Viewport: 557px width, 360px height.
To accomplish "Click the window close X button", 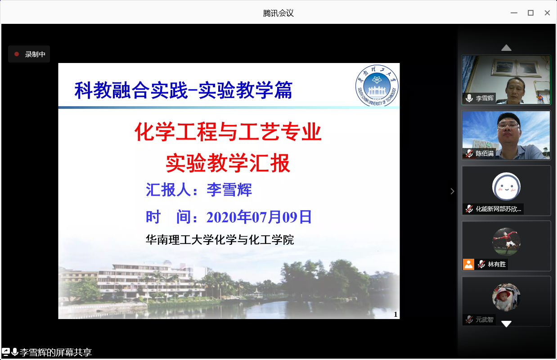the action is (x=547, y=13).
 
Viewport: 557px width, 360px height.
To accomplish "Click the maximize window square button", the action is (x=530, y=13).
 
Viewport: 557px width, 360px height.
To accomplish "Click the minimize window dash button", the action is (x=514, y=13).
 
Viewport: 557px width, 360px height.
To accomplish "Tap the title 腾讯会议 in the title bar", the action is (x=278, y=13).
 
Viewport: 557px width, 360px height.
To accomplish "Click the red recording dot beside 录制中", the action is (x=17, y=54).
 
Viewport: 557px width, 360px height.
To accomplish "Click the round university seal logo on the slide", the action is (x=377, y=85).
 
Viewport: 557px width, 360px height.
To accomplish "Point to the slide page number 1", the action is (x=395, y=315).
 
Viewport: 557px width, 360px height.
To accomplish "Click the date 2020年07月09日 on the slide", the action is (x=259, y=217).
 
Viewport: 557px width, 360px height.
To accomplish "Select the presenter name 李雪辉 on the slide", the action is (x=229, y=189).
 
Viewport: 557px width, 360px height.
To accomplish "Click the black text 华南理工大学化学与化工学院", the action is (x=220, y=240).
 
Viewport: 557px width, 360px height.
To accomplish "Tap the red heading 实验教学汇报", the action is (x=228, y=163).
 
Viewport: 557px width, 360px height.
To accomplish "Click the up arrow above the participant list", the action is (x=506, y=48).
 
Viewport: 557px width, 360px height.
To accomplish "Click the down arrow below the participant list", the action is (x=506, y=324).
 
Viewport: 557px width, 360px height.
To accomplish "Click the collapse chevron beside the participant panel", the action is (x=452, y=191).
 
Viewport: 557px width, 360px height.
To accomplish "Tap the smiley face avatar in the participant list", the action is (x=506, y=186).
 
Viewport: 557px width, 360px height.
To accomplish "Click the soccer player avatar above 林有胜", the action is (x=506, y=242).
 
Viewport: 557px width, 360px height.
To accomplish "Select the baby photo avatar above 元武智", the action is (x=506, y=297).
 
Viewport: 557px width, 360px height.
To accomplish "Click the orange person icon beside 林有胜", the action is (x=468, y=264).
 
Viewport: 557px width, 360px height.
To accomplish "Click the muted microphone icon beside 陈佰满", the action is (x=469, y=153).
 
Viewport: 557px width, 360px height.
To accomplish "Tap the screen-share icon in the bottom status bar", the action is (x=5, y=352).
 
